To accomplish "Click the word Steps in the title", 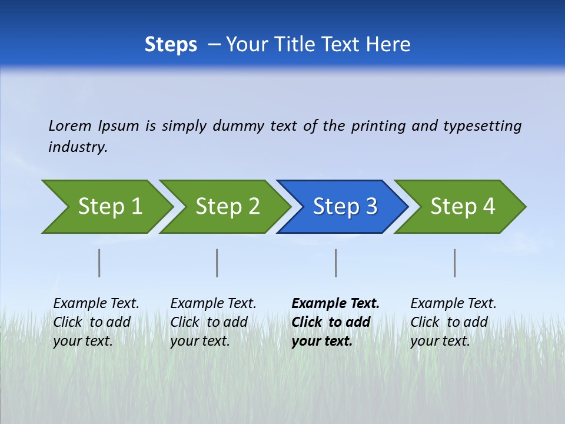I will (x=171, y=44).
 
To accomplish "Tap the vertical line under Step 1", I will (x=99, y=263).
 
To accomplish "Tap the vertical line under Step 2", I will (x=217, y=263).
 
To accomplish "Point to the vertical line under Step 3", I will (x=336, y=263).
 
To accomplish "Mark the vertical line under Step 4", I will (x=455, y=263).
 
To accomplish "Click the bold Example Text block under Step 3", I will (x=335, y=322).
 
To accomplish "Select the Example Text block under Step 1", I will (x=96, y=322).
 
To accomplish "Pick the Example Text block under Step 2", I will (x=213, y=322).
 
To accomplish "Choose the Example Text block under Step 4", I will (x=453, y=322).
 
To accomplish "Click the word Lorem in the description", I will (x=70, y=125).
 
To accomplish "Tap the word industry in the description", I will (x=77, y=147).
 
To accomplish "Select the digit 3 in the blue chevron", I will (x=371, y=207).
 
